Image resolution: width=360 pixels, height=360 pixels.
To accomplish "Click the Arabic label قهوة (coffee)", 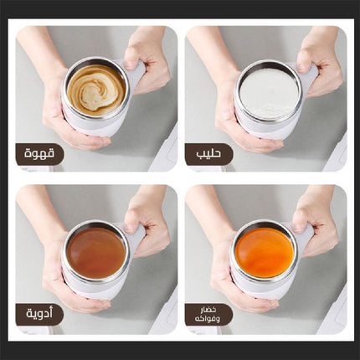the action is click(x=39, y=154).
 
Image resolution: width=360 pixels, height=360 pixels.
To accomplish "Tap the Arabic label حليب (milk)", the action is click(x=208, y=154).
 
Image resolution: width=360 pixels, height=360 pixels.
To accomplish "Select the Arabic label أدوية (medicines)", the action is click(x=39, y=314).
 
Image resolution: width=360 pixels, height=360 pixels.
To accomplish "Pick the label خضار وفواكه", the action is click(x=208, y=315).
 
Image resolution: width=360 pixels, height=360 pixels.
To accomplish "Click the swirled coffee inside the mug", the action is click(x=96, y=89).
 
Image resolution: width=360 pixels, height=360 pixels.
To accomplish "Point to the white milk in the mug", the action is click(x=269, y=93).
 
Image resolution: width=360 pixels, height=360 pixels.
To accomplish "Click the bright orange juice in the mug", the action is click(x=265, y=250).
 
